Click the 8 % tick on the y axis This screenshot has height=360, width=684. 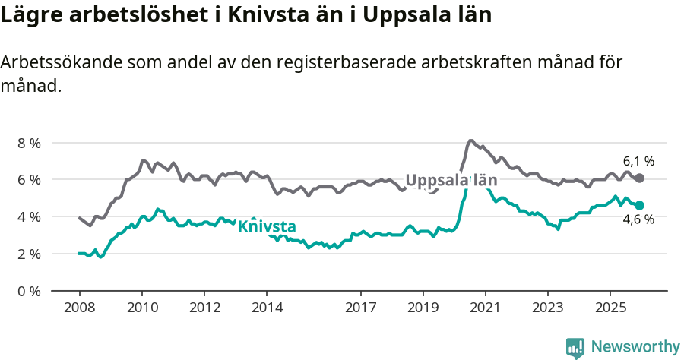pyautogui.click(x=29, y=143)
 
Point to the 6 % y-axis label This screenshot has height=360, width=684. pyautogui.click(x=29, y=180)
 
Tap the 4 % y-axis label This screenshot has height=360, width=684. pyautogui.click(x=29, y=216)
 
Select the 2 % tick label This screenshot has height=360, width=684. pyautogui.click(x=29, y=254)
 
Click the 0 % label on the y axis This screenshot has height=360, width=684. pyautogui.click(x=29, y=291)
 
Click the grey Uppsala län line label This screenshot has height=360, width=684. pyautogui.click(x=451, y=181)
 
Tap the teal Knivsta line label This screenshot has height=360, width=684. pyautogui.click(x=267, y=226)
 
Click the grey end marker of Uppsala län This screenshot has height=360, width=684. pyautogui.click(x=640, y=178)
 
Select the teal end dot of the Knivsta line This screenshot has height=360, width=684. pyautogui.click(x=640, y=205)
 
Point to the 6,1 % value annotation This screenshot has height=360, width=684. pyautogui.click(x=638, y=161)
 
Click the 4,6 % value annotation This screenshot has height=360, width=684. pyautogui.click(x=638, y=220)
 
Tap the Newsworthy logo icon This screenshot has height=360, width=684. pyautogui.click(x=575, y=347)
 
